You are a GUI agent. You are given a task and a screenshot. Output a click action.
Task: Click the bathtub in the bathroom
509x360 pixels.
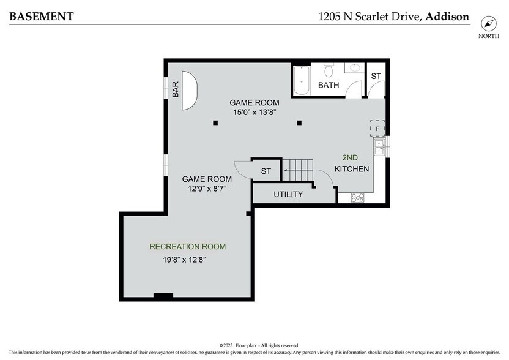pyautogui.click(x=302, y=81)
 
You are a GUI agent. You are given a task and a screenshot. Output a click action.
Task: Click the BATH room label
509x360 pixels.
pyautogui.click(x=329, y=86)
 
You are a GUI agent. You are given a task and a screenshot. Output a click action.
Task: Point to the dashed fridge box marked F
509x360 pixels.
pyautogui.click(x=377, y=129)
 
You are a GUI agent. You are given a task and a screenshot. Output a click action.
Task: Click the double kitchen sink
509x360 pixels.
pyautogui.click(x=380, y=148)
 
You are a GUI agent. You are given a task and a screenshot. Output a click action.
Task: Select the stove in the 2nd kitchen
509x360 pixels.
pyautogui.click(x=357, y=197)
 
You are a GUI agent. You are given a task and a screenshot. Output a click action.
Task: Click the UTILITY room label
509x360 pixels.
pyautogui.click(x=288, y=195)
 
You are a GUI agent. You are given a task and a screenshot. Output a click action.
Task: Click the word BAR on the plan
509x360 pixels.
pyautogui.click(x=176, y=90)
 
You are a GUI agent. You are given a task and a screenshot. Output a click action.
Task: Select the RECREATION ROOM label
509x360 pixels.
pyautogui.click(x=188, y=247)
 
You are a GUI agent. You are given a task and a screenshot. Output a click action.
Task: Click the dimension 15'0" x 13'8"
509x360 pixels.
pyautogui.click(x=254, y=112)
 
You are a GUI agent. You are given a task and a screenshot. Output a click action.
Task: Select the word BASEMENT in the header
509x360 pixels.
pyautogui.click(x=41, y=17)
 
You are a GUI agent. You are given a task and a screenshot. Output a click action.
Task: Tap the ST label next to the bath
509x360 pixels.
pyautogui.click(x=376, y=76)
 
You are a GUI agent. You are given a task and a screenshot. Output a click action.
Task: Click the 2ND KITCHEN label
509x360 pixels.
pyautogui.click(x=352, y=163)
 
